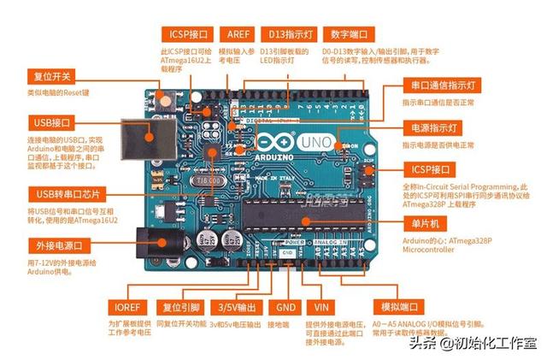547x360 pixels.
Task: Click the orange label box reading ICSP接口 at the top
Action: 188,35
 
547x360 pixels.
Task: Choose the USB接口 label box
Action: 54,123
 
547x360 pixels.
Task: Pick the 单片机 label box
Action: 425,224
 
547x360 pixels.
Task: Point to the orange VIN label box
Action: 321,307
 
